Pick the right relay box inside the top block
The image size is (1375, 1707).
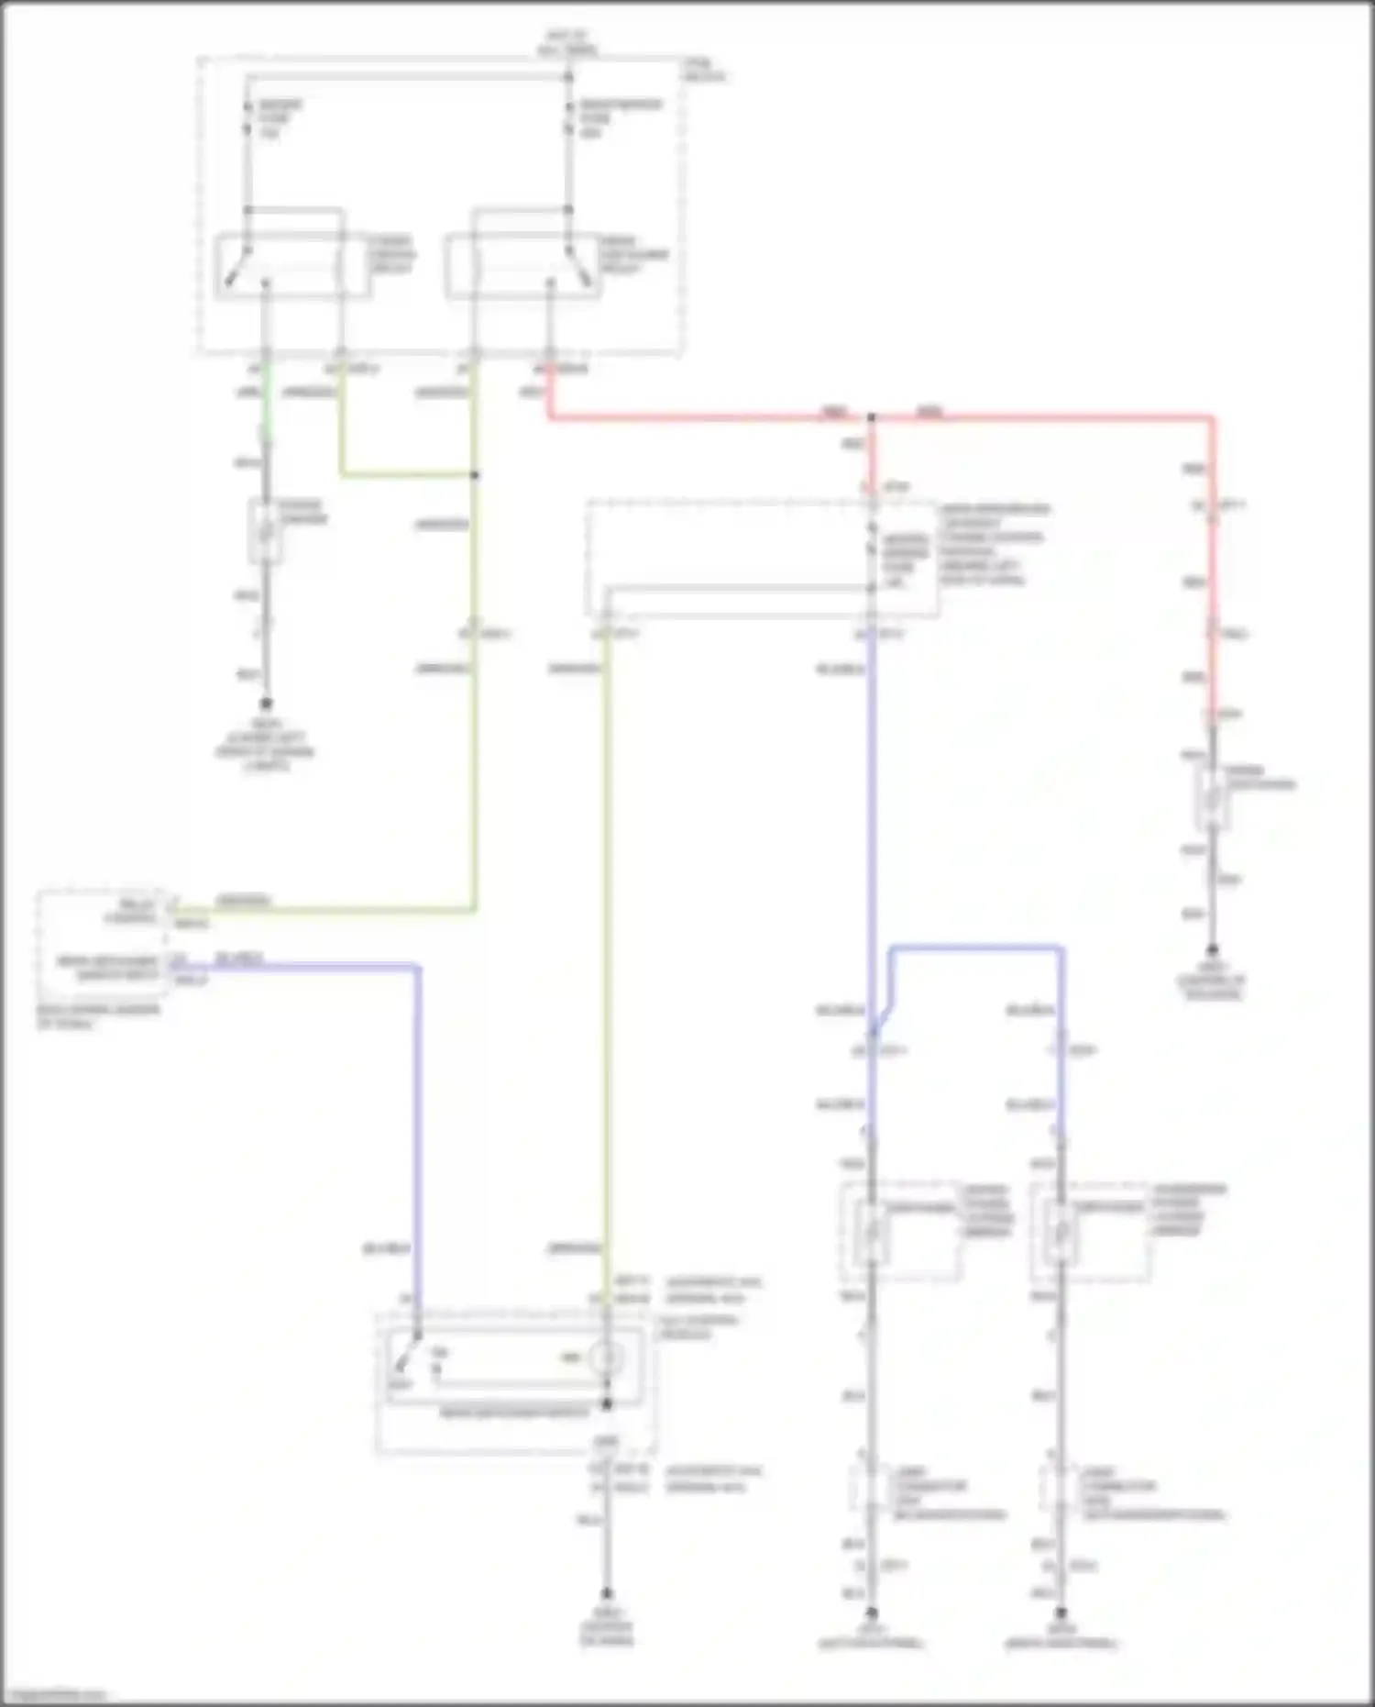click(523, 267)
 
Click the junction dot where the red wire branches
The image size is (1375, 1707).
click(872, 418)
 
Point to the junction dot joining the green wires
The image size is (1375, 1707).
click(475, 475)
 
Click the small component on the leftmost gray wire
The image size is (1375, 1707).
click(265, 532)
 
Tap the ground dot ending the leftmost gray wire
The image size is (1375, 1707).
click(266, 704)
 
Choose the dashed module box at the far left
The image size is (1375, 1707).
click(102, 945)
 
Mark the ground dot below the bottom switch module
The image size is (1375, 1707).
click(606, 1594)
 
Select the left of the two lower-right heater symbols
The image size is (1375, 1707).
click(871, 1231)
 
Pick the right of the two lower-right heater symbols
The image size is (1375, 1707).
click(1061, 1231)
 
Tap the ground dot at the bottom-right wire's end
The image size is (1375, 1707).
click(1061, 1612)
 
